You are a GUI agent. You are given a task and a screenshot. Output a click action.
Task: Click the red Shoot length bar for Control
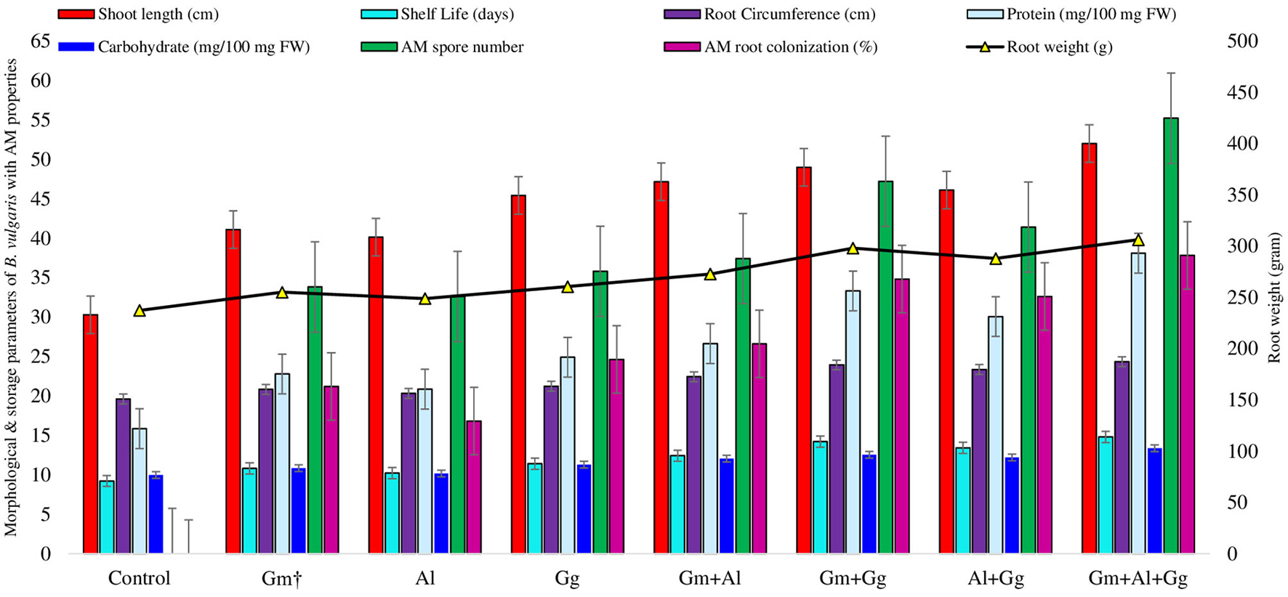[x=90, y=434]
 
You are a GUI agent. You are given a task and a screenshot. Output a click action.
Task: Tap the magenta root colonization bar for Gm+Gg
[x=901, y=415]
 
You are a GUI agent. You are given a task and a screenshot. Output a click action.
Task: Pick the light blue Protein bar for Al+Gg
[x=1015, y=434]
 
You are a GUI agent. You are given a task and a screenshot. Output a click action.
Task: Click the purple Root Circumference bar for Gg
[x=552, y=469]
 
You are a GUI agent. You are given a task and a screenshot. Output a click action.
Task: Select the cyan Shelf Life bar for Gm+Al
[x=677, y=504]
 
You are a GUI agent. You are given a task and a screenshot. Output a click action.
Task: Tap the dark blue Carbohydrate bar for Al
[x=440, y=513]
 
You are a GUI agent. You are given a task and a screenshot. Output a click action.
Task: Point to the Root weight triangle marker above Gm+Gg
[x=853, y=248]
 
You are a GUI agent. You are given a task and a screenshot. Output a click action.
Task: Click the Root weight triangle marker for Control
[x=140, y=310]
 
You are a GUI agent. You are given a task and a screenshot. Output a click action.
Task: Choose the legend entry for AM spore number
[x=462, y=47]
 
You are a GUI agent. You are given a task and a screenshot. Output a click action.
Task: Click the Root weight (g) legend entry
[x=1058, y=47]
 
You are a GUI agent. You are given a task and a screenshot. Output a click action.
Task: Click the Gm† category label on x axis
[x=281, y=579]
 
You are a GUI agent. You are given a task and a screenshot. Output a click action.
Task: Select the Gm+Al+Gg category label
[x=1138, y=579]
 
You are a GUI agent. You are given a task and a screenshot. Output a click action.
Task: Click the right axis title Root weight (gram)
[x=1274, y=298]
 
